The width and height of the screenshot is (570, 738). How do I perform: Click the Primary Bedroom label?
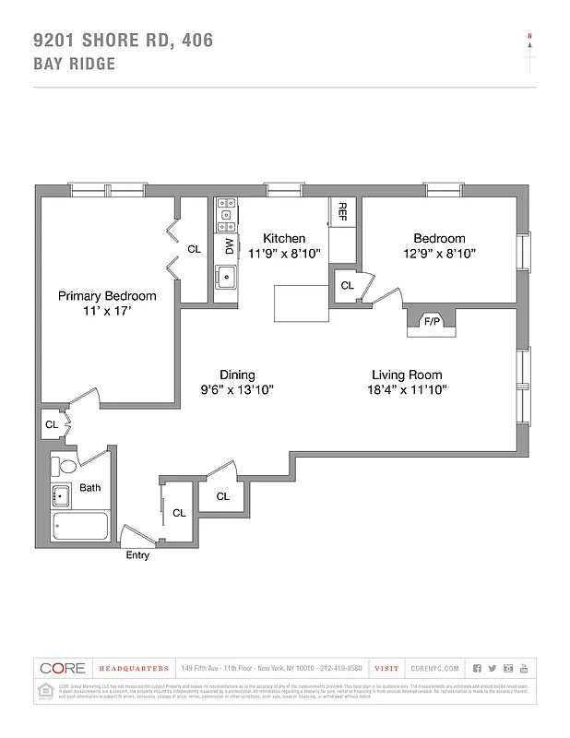[107, 296]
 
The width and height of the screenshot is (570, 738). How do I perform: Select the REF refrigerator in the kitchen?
[341, 211]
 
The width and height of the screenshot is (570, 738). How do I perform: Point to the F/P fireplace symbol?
[431, 322]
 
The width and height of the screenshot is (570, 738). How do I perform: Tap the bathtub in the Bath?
[80, 528]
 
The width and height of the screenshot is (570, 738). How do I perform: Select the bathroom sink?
[61, 496]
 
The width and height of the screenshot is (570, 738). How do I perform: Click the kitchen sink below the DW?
[226, 276]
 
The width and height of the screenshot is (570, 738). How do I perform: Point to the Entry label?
[137, 555]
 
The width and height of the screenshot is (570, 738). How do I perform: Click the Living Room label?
[407, 375]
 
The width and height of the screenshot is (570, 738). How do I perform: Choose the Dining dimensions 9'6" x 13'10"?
[237, 390]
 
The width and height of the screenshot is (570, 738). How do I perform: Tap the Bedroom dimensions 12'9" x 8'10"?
[438, 253]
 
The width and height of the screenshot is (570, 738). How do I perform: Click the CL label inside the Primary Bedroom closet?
[194, 249]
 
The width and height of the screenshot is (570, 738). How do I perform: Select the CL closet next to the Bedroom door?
[347, 286]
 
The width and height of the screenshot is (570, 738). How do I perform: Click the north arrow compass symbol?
[529, 54]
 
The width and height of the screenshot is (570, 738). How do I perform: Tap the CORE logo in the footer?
[63, 668]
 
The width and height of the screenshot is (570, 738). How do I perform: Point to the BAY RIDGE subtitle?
[74, 64]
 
